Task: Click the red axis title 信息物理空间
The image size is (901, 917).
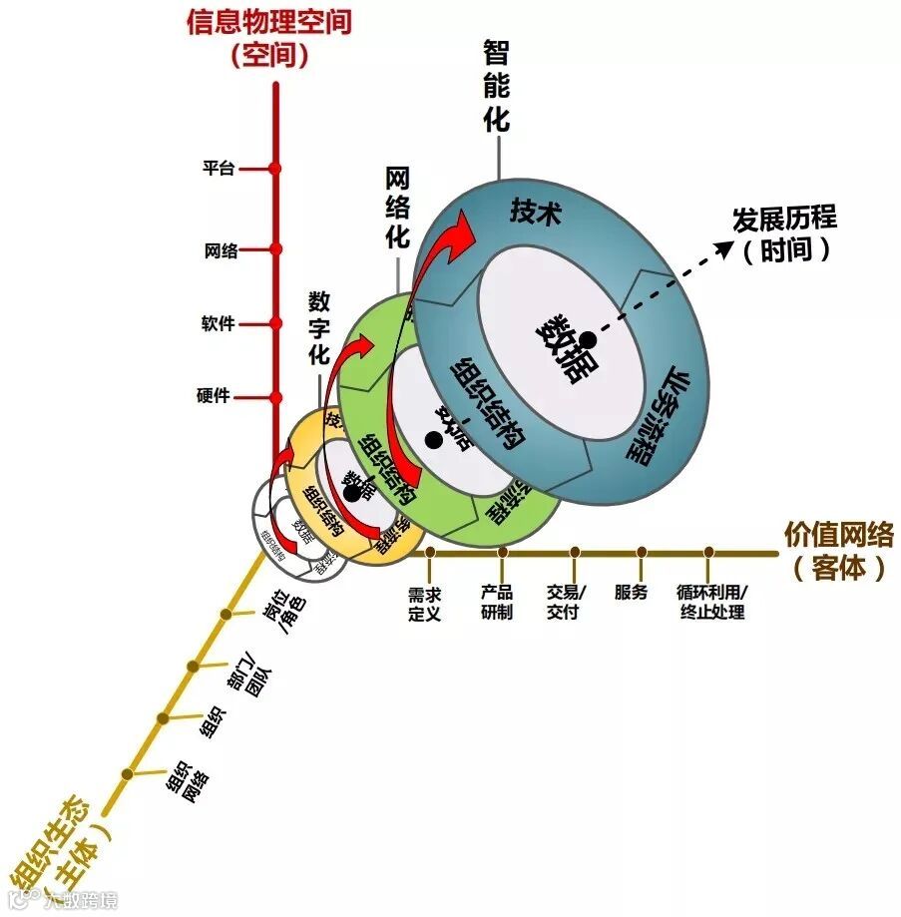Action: (x=268, y=21)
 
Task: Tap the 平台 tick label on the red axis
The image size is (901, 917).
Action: (x=219, y=169)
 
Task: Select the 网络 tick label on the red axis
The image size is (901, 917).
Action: (x=222, y=250)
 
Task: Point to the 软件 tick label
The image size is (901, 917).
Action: (x=218, y=323)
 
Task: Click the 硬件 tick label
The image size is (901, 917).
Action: (x=214, y=395)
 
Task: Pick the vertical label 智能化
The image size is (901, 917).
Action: (x=496, y=87)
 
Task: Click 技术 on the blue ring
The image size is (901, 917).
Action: (x=537, y=212)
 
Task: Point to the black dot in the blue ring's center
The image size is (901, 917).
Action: (x=589, y=338)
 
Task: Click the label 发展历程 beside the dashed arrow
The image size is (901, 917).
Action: (x=784, y=219)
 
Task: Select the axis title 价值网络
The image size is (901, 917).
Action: (x=838, y=535)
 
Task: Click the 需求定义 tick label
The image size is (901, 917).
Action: (x=424, y=603)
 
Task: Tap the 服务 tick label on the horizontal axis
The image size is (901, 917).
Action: (x=631, y=593)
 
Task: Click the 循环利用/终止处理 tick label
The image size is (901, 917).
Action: (x=711, y=603)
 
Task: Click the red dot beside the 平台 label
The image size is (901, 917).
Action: (x=274, y=169)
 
